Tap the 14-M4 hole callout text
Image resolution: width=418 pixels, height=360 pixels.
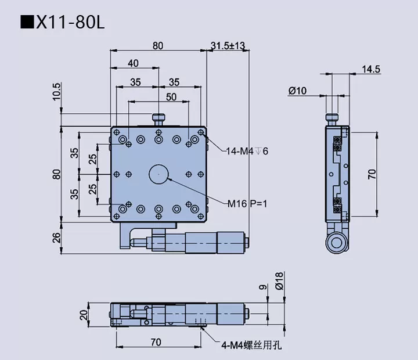tap(247, 152)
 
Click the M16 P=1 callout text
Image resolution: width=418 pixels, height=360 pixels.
tap(247, 203)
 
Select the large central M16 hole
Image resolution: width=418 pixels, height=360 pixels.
tap(158, 173)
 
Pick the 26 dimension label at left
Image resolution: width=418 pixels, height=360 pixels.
tap(56, 237)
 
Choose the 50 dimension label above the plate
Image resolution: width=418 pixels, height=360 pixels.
tap(172, 97)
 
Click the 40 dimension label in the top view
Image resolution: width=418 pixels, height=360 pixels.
tap(133, 63)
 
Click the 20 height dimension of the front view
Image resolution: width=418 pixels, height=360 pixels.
tap(84, 315)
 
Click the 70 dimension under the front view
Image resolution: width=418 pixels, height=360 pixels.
tap(155, 343)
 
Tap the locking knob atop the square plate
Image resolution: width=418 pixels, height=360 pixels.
tap(158, 120)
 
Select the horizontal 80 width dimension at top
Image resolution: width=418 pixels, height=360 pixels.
tap(158, 45)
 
